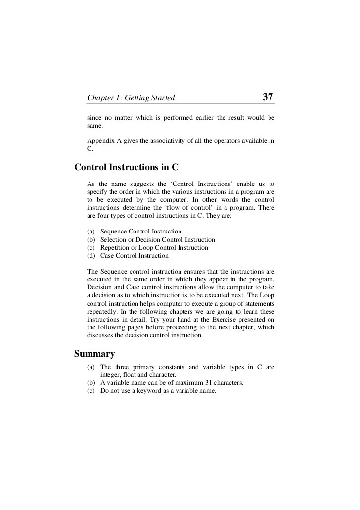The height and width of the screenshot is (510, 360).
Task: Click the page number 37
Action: [268, 97]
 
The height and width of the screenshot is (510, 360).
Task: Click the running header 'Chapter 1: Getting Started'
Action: [131, 98]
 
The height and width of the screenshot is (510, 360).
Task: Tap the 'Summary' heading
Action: [94, 354]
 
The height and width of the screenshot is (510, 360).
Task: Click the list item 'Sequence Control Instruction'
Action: [140, 232]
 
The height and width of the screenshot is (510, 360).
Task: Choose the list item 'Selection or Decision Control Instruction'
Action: [157, 239]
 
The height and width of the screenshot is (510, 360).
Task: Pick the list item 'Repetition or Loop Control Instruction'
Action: [154, 248]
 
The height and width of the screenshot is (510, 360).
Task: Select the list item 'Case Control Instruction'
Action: [134, 256]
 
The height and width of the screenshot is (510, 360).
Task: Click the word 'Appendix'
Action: [100, 140]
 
